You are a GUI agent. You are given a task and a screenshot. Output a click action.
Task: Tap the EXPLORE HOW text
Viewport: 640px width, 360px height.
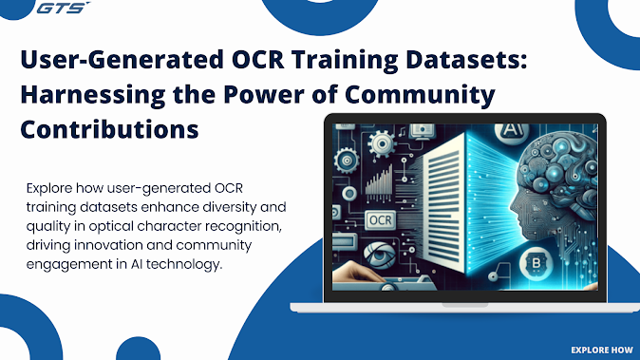tap(602, 349)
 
